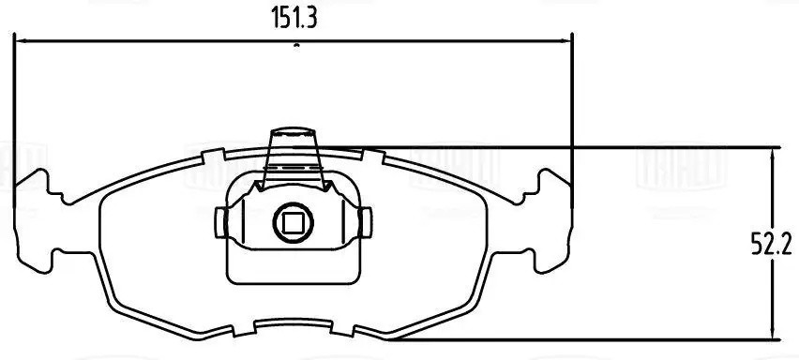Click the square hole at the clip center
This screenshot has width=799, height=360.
292,222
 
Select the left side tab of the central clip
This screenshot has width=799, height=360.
220,222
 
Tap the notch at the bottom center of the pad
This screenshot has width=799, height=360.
294,325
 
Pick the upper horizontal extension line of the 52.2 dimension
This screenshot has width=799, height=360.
563,147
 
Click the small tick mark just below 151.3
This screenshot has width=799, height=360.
295,44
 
